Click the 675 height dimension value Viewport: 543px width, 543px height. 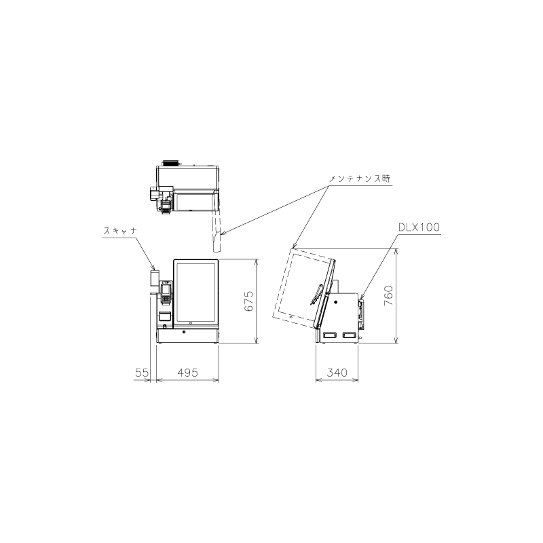pyautogui.click(x=249, y=301)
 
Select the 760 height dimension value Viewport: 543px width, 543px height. pyautogui.click(x=388, y=295)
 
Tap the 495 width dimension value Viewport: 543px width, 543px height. pyautogui.click(x=188, y=373)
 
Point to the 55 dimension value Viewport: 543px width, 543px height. pyautogui.click(x=142, y=373)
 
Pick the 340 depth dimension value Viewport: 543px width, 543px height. pyautogui.click(x=337, y=373)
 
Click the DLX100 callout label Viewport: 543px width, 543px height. pyautogui.click(x=419, y=227)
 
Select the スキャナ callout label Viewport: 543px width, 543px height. pyautogui.click(x=120, y=231)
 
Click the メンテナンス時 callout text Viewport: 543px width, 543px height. pyautogui.click(x=360, y=179)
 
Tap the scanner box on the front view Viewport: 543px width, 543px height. pyautogui.click(x=155, y=278)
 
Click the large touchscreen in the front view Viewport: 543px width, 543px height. pyautogui.click(x=195, y=293)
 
